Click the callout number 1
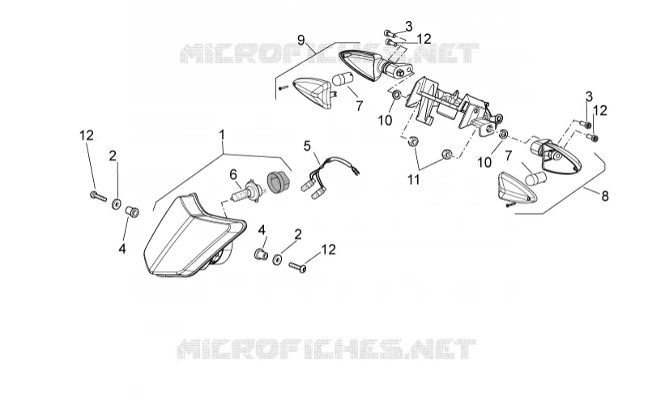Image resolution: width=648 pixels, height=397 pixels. coord(222,135)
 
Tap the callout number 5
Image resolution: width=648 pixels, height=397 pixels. coord(307,146)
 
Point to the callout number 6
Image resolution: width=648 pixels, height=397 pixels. coord(233,175)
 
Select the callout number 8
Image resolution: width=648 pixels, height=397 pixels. coord(605,195)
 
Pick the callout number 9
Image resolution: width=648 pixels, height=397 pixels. coord(301,41)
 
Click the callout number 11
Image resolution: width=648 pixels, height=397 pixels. coord(413,180)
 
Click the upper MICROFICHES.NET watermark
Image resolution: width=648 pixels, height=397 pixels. coord(329,53)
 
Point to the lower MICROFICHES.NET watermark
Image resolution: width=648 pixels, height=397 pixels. coord(326,348)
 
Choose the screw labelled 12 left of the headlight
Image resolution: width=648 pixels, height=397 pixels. coord(98,196)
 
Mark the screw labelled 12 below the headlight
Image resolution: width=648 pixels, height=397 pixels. coord(297,267)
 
